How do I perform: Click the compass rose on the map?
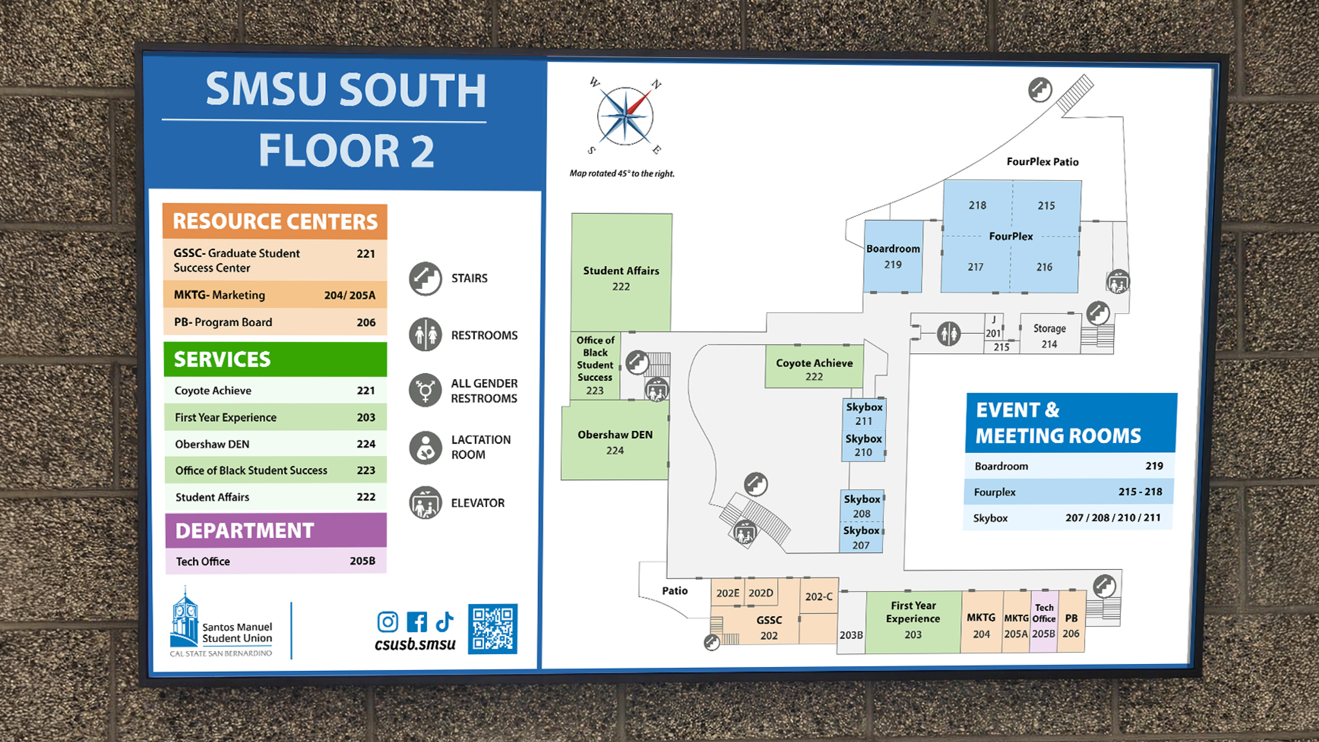[625, 116]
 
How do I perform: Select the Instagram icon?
[387, 622]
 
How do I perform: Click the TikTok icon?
[444, 622]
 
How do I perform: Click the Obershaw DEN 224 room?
[615, 442]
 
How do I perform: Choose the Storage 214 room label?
[1049, 336]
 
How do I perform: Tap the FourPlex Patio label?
[1042, 162]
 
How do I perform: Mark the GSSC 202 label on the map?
[769, 627]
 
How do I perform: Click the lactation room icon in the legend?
[425, 447]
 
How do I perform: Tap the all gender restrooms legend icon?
[425, 390]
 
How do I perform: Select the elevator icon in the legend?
[425, 503]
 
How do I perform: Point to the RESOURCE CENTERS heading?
[275, 221]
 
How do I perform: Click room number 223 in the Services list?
[365, 470]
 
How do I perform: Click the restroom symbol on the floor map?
[948, 334]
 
